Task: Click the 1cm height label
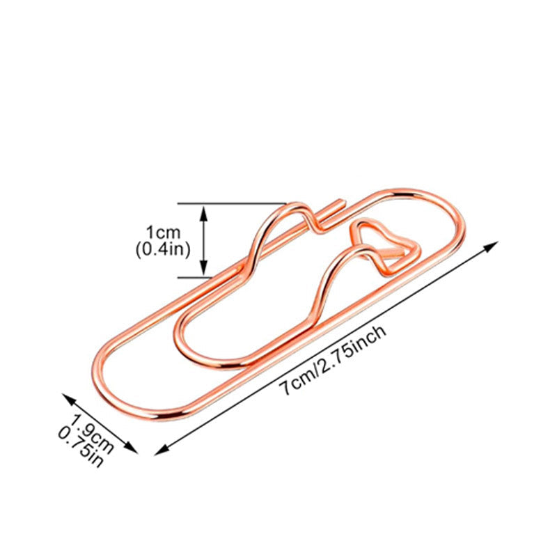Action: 164,233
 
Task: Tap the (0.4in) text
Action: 163,249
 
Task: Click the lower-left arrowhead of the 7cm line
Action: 162,450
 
